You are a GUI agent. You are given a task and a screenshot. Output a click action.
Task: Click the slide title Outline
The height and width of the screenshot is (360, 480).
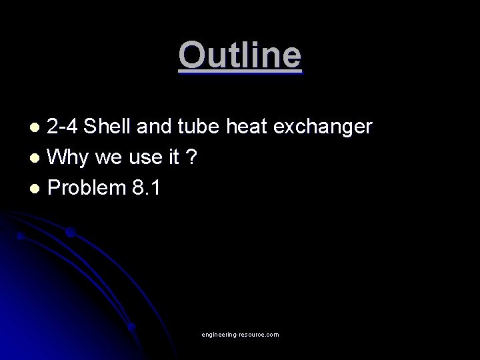[240, 55]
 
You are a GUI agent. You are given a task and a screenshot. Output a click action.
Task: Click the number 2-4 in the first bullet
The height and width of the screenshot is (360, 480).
[65, 127]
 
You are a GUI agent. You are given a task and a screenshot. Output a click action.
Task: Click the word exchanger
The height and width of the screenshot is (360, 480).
[329, 127]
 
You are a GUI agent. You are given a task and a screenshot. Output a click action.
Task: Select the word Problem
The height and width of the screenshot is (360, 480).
[86, 187]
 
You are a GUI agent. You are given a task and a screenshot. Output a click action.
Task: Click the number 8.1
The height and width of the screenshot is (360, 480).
[145, 187]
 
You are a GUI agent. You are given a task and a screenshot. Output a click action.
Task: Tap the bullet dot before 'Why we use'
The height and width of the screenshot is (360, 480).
[38, 159]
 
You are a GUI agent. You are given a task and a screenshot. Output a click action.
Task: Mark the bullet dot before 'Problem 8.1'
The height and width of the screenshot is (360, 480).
[38, 189]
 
